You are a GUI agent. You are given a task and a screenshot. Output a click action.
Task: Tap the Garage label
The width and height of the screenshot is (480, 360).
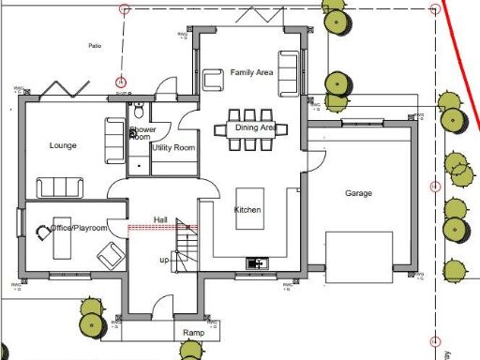358,193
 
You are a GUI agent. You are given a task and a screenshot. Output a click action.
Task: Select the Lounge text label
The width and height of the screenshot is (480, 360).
63,145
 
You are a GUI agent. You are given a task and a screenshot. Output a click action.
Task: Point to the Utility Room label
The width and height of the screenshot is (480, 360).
172,148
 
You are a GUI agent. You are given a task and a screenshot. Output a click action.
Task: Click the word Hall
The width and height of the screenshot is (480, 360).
159,219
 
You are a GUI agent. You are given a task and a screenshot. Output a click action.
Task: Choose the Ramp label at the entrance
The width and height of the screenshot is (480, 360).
193,333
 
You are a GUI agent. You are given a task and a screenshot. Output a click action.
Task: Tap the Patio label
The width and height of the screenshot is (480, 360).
94,45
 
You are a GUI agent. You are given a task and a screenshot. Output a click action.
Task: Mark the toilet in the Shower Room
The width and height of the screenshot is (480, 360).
139,106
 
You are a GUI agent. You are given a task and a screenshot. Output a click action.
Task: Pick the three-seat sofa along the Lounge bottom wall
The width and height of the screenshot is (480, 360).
58,187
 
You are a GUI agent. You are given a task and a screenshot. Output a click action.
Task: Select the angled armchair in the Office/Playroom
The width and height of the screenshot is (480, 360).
114,253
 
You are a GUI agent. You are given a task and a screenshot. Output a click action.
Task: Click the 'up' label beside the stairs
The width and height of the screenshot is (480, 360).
165,259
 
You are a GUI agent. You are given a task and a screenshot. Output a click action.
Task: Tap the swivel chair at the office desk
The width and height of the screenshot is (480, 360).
42,232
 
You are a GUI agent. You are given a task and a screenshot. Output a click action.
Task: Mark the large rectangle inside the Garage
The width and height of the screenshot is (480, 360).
359,256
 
